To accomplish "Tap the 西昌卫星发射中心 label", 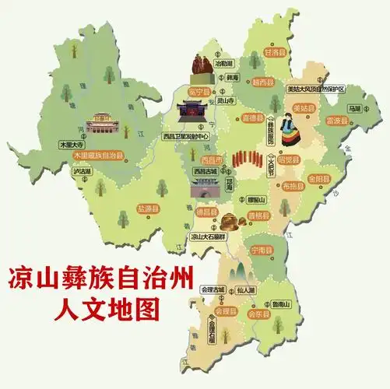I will pyautogui.click(x=187, y=136).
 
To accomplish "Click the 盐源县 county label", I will pyautogui.click(x=148, y=209).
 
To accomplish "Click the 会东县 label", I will pyautogui.click(x=257, y=314).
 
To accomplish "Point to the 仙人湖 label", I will pyautogui.click(x=246, y=289).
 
